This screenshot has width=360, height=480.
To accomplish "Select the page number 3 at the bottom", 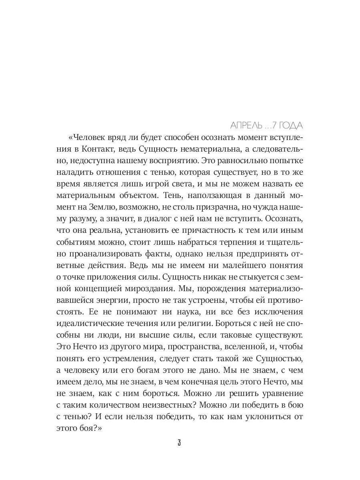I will pos(179,443).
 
